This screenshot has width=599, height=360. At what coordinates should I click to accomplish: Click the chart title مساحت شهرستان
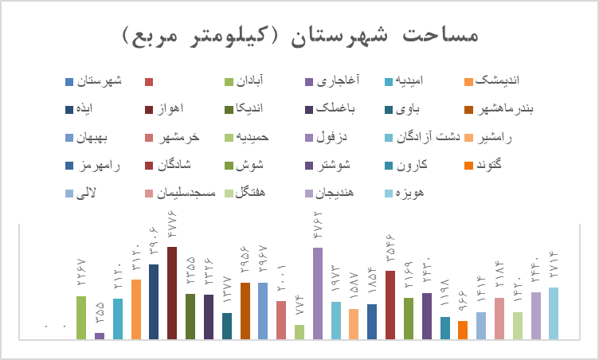(x=300, y=36)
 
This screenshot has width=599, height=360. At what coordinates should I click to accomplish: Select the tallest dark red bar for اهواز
(x=172, y=292)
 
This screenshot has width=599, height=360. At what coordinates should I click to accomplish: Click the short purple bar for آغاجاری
(x=100, y=335)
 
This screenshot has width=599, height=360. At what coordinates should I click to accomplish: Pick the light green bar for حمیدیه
(x=299, y=331)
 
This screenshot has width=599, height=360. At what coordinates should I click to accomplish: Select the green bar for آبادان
(x=81, y=317)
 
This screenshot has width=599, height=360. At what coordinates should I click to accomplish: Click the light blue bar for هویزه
(x=554, y=313)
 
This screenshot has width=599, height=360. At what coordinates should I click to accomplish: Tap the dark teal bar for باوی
(x=227, y=326)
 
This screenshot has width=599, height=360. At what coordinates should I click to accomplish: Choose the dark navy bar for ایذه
(x=154, y=301)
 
